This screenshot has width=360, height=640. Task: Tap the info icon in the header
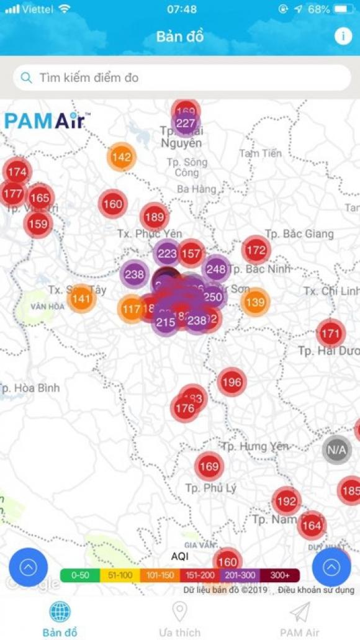pos(343,36)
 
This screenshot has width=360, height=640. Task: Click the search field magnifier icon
pos(26,78)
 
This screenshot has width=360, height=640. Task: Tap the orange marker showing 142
pos(121,157)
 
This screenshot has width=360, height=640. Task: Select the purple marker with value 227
pos(185,124)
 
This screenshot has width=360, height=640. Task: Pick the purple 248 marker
pos(215,269)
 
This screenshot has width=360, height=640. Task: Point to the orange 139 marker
pos(254,302)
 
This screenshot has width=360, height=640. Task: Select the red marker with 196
pos(231,382)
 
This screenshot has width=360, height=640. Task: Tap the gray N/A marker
pos(336,449)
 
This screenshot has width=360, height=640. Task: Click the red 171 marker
pos(330,334)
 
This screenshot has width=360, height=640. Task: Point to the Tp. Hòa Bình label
pos(30,388)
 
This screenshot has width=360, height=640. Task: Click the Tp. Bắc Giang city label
pos(299,234)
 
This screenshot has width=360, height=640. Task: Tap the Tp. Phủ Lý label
pos(210,488)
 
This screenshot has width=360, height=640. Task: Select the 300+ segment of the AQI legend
pos(280,575)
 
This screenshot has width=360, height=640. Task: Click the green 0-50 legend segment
pos(80,575)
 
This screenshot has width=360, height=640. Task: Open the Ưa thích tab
pos(179,619)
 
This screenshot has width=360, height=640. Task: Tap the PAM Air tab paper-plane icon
pos(299,612)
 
